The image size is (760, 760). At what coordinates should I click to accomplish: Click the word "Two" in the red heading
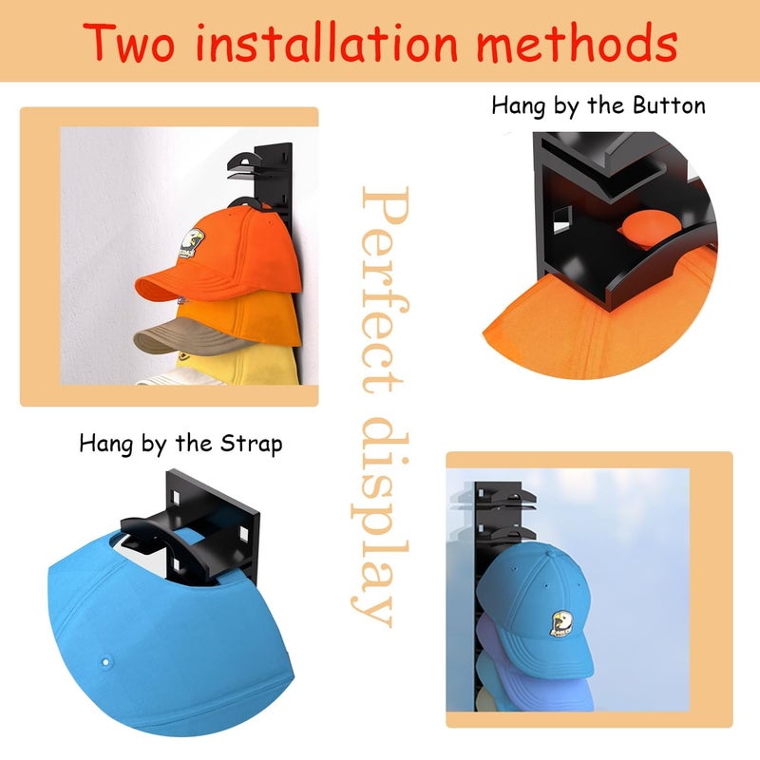(128, 43)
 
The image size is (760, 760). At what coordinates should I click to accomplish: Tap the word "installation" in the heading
(327, 43)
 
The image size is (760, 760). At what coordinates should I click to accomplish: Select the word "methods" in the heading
(577, 43)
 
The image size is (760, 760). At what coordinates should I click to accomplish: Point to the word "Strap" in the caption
(251, 444)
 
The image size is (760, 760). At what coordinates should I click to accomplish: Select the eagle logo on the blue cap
(561, 623)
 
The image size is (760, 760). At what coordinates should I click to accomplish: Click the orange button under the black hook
(651, 228)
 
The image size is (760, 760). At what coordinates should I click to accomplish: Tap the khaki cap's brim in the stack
(184, 337)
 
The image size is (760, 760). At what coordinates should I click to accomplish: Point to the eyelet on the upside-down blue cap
(105, 661)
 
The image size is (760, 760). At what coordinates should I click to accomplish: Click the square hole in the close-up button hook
(562, 219)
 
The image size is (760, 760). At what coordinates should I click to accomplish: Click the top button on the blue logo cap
(551, 552)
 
